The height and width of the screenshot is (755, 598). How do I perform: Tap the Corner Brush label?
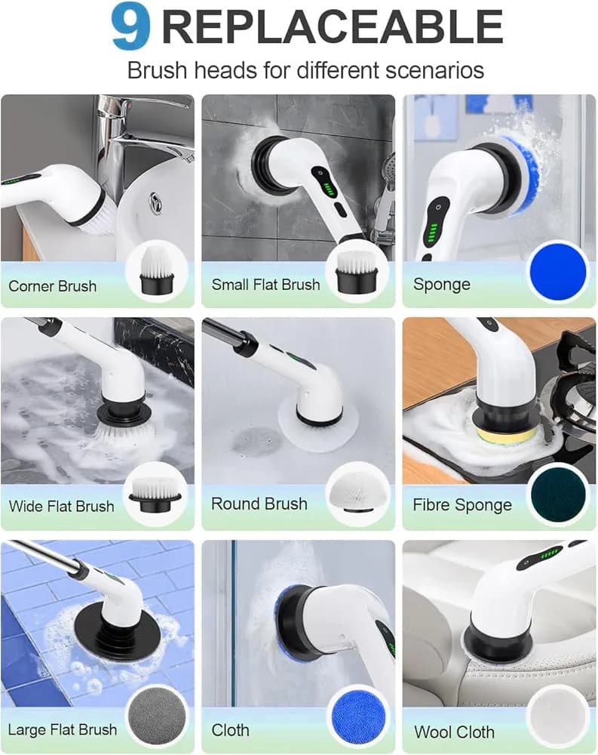click(x=53, y=286)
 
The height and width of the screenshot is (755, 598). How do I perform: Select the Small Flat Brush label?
click(x=265, y=285)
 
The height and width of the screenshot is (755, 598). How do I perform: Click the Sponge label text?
click(x=441, y=285)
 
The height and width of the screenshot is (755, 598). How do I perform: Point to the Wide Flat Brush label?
click(x=61, y=506)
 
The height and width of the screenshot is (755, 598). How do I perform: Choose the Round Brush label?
click(x=259, y=504)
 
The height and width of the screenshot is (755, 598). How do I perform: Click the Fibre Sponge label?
click(x=462, y=505)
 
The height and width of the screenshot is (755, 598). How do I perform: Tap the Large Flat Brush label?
click(x=62, y=729)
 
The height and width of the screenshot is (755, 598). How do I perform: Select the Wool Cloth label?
click(x=454, y=732)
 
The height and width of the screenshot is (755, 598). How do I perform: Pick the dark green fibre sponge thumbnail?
click(x=558, y=495)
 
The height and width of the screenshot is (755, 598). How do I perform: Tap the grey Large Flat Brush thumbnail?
click(x=155, y=717)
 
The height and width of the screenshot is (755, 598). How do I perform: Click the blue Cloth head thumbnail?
click(x=358, y=717)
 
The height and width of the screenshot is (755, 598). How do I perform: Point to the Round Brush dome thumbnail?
click(x=358, y=495)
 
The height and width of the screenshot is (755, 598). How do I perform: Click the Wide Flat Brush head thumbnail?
click(x=155, y=495)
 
